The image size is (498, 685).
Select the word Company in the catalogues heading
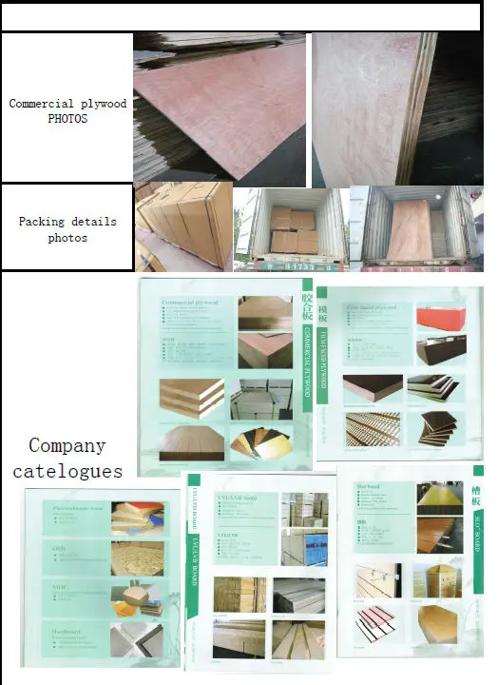coord(67,445)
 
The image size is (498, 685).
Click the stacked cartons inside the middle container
coord(292,231)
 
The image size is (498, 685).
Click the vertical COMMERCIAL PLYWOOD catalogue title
coord(308,352)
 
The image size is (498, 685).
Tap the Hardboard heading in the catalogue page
coord(69,630)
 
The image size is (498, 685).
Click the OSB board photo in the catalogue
coord(137,558)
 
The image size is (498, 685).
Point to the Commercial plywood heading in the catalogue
coord(190,303)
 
